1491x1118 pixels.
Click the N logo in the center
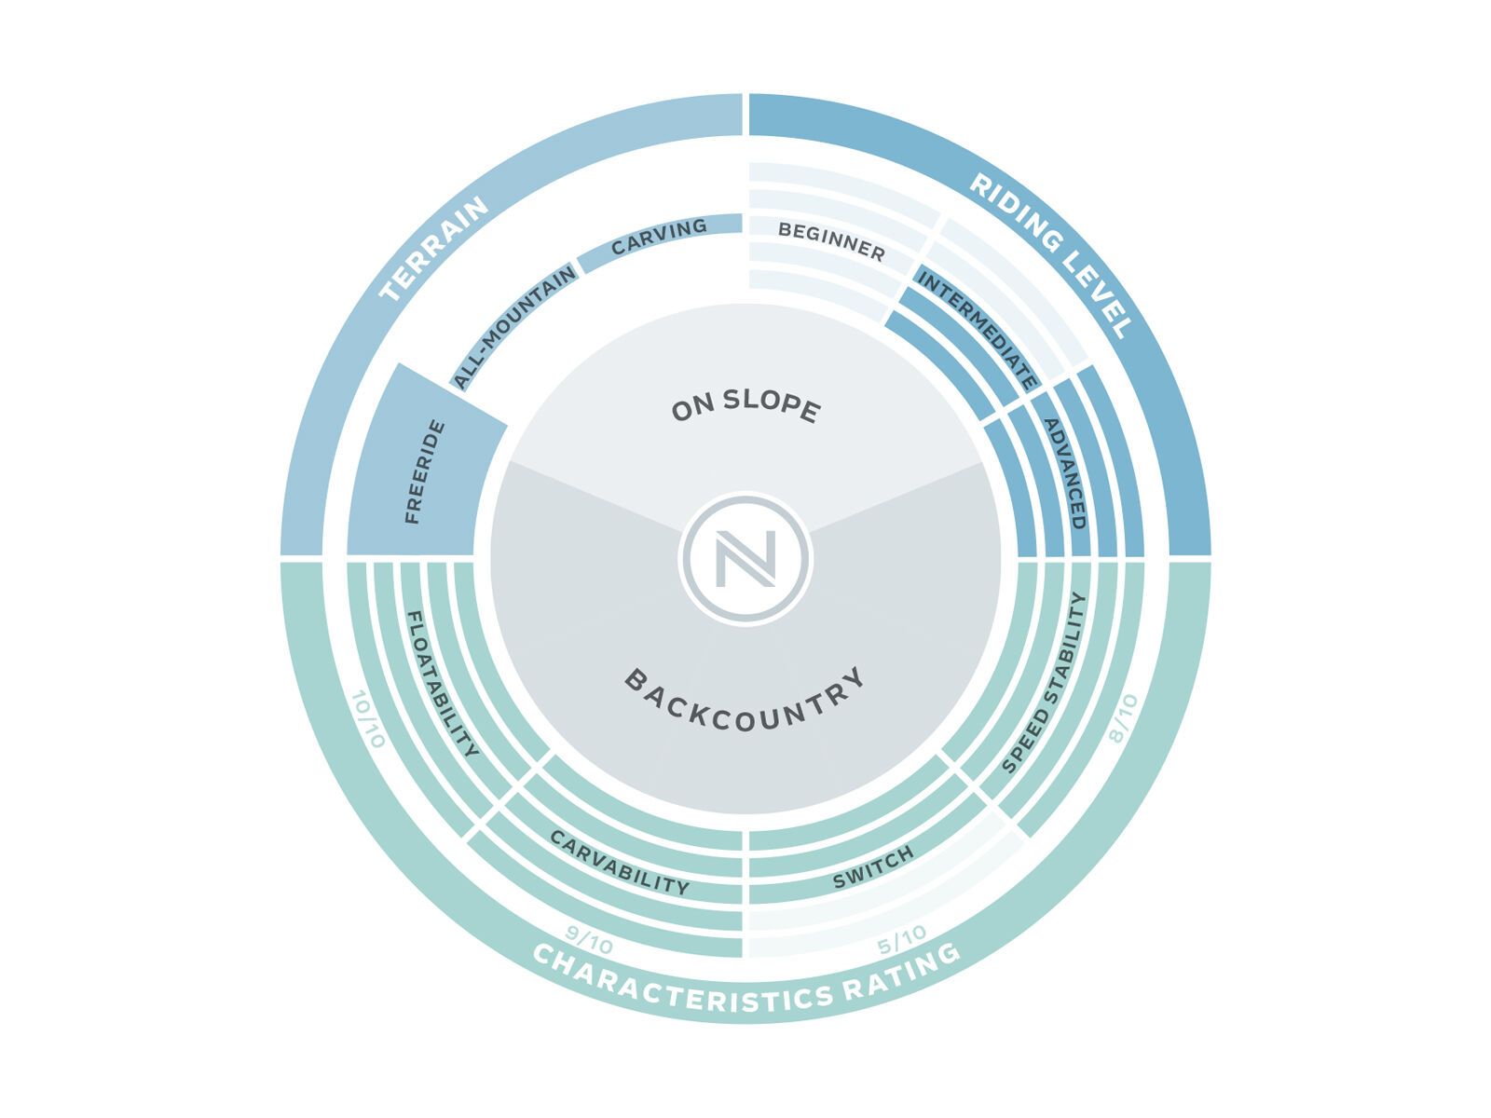click(745, 559)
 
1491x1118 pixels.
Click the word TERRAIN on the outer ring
click(433, 248)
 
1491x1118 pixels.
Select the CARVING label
click(659, 237)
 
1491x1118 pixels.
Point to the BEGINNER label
click(832, 241)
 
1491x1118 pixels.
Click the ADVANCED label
click(1065, 473)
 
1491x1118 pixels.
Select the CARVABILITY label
click(620, 862)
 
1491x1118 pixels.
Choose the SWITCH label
click(873, 867)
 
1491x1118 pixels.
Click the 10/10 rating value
click(368, 719)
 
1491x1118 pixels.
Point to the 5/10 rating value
click(902, 940)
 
